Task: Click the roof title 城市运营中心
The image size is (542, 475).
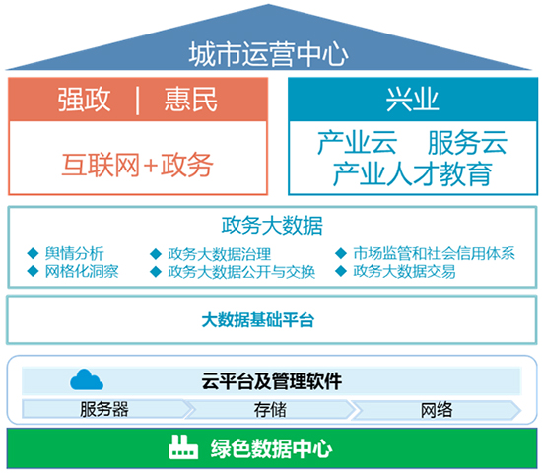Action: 268,54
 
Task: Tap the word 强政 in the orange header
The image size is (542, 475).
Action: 84,100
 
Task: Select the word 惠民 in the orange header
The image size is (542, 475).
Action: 191,100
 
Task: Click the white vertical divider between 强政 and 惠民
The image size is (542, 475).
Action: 138,101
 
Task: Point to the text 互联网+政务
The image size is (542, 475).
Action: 137,165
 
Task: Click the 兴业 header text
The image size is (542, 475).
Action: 412,100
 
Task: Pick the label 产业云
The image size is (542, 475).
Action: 357,143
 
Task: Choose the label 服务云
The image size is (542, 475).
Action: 467,143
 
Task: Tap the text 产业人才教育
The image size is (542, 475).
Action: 412,173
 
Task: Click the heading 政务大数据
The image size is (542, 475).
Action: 272,226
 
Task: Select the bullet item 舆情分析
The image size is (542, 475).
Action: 74,253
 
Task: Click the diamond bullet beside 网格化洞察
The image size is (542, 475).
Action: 33,271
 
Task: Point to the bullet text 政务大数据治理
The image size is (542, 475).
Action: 220,254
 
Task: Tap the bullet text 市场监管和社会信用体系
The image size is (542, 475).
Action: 435,253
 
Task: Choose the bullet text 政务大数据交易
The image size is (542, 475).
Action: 404,271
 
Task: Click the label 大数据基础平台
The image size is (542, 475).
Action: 258,320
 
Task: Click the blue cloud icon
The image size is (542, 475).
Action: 87,379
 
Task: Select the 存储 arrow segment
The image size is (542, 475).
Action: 270,410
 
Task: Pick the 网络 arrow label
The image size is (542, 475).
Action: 437,410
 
